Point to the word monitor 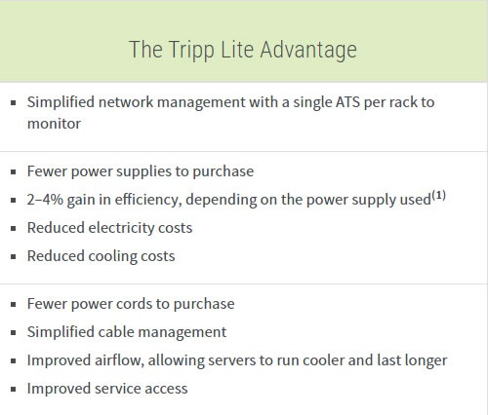point(54,124)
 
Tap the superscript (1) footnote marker point(440,194)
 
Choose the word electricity point(125,227)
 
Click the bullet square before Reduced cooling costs point(13,256)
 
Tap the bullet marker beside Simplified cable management point(13,332)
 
